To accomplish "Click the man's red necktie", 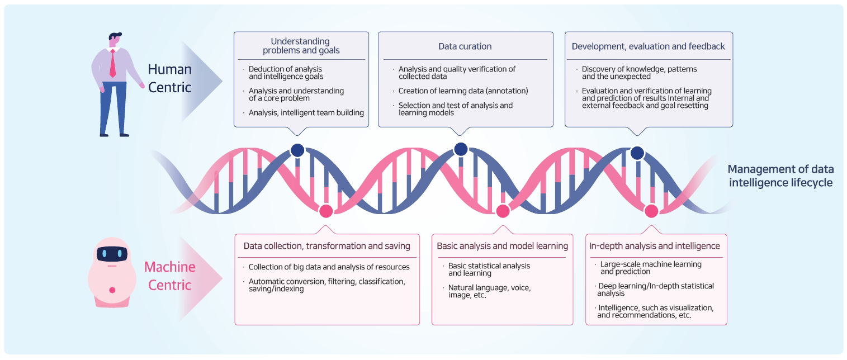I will click(112, 63).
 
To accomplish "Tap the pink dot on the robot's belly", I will click(112, 290).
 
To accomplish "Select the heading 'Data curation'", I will click(465, 46).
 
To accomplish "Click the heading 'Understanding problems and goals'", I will click(301, 46).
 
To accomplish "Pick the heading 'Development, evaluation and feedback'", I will click(648, 46).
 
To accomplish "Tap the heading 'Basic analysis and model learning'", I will click(502, 246).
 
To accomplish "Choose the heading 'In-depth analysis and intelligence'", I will click(655, 246).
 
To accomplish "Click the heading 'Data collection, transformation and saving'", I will click(327, 246).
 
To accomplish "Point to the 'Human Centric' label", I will click(169, 78).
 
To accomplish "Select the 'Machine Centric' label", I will click(170, 276).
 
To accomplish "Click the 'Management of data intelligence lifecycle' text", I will click(780, 176).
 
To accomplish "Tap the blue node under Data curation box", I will click(461, 149).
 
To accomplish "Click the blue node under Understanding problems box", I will click(297, 150).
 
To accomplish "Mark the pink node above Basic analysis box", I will click(503, 211).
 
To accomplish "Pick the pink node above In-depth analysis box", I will click(651, 211).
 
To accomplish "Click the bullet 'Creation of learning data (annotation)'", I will click(463, 91).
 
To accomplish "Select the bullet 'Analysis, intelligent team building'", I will click(306, 112).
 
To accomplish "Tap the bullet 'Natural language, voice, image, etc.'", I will click(489, 291).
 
